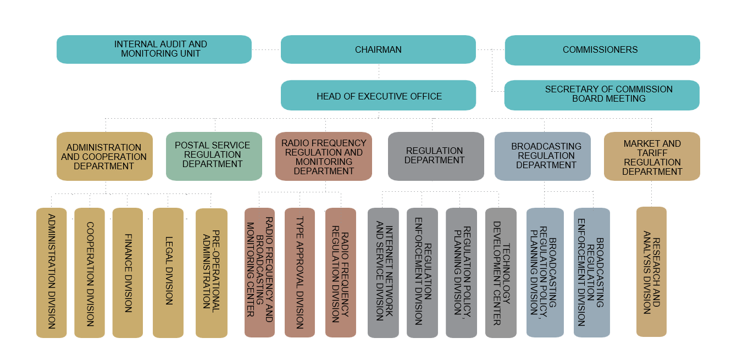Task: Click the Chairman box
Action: pyautogui.click(x=378, y=49)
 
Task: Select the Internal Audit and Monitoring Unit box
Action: pyautogui.click(x=154, y=49)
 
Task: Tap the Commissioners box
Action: pyautogui.click(x=602, y=50)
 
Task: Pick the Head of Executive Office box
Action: pyautogui.click(x=378, y=95)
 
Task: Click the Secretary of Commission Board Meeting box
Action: pyautogui.click(x=602, y=95)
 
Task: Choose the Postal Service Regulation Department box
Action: pyautogui.click(x=214, y=156)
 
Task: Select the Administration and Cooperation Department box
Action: pyautogui.click(x=104, y=156)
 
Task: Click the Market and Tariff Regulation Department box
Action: pyautogui.click(x=652, y=156)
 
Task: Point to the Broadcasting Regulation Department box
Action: pyautogui.click(x=542, y=156)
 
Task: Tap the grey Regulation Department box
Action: pyautogui.click(x=436, y=156)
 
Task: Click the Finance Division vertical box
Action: pyautogui.click(x=128, y=273)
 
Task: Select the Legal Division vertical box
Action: pyautogui.click(x=168, y=273)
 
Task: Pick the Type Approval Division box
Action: pyautogui.click(x=300, y=273)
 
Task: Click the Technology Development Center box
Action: pyautogui.click(x=501, y=273)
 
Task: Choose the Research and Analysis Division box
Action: pyautogui.click(x=651, y=272)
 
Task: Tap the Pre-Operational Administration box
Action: pyautogui.click(x=212, y=273)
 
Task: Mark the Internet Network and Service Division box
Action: pyautogui.click(x=383, y=273)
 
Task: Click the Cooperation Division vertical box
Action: pyautogui.click(x=90, y=273)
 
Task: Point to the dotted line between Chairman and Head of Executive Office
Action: pyautogui.click(x=379, y=72)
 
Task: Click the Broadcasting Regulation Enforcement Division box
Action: pyautogui.click(x=592, y=273)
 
